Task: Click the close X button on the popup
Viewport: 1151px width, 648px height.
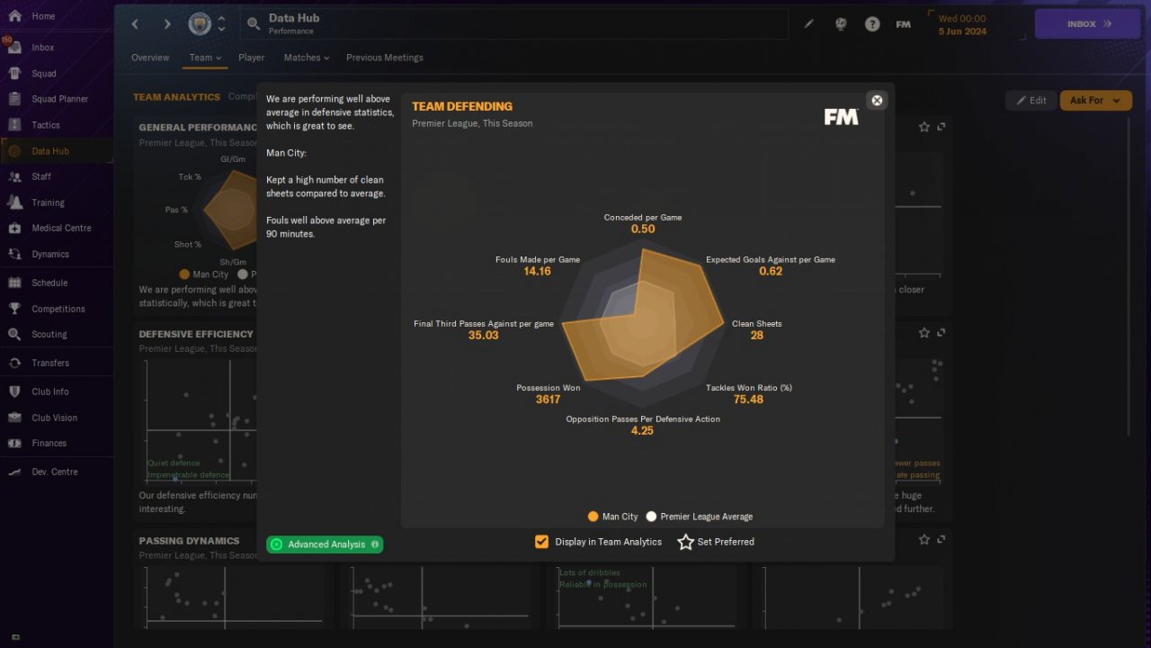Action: coord(877,100)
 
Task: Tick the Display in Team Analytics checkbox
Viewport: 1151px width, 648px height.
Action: coord(541,542)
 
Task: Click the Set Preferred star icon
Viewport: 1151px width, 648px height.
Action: coord(686,542)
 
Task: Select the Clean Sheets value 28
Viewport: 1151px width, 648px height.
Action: coord(756,335)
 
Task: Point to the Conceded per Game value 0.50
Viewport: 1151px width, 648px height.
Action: coord(642,229)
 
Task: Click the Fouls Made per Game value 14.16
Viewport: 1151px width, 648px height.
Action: coord(537,271)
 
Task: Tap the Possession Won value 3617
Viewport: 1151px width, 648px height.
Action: coord(548,400)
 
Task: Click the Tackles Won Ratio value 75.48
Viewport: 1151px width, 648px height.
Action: coord(748,400)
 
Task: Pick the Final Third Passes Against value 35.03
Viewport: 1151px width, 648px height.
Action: coord(483,335)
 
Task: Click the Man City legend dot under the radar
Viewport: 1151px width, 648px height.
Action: coord(593,517)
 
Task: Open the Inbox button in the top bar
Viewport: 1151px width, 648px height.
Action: coord(1088,24)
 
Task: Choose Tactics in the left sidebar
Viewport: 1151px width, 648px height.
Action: coord(46,125)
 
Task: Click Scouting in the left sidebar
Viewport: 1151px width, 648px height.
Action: coord(49,334)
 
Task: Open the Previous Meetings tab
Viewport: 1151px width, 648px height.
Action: coord(384,58)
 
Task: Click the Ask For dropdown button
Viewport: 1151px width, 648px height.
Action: coord(1095,100)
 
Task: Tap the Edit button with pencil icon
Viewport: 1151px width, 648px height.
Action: coord(1031,100)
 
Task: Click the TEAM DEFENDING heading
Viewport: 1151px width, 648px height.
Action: coord(461,106)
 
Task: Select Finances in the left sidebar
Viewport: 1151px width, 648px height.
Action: coord(49,443)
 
